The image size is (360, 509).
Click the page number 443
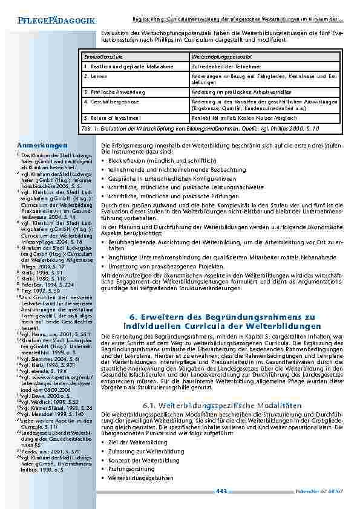(x=221, y=491)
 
